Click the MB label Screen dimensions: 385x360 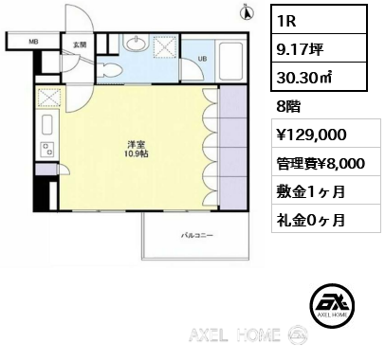(x=33, y=42)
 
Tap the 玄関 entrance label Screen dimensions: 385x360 (x=80, y=45)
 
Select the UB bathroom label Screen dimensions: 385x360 (x=202, y=59)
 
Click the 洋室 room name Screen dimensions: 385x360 (x=137, y=145)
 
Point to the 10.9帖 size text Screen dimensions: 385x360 (x=137, y=153)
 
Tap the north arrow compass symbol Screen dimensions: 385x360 (x=247, y=12)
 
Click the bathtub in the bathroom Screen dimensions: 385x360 (x=230, y=62)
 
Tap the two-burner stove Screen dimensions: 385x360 (x=47, y=150)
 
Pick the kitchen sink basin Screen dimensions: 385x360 (x=47, y=125)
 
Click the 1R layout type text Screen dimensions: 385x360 (x=286, y=21)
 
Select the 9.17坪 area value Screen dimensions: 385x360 (x=300, y=49)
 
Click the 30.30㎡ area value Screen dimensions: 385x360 (x=304, y=78)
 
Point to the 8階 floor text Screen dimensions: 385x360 (x=288, y=107)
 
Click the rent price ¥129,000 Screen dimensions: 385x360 (x=312, y=135)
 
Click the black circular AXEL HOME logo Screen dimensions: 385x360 (x=332, y=305)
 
